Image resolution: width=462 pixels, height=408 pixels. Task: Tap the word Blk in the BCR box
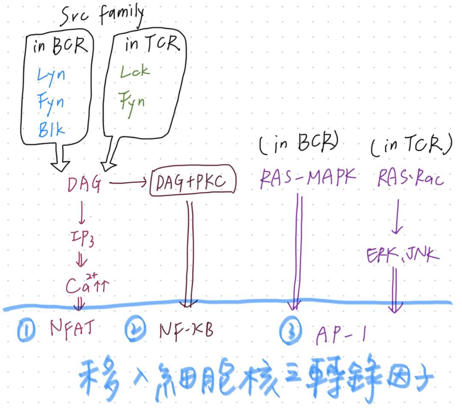tap(51, 129)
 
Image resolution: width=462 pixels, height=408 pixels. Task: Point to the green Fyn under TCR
tap(133, 101)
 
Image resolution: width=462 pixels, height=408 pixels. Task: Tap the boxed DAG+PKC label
tap(193, 184)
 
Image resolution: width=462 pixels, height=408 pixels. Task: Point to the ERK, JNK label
tap(403, 255)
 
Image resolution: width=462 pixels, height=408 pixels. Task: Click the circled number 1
tap(27, 331)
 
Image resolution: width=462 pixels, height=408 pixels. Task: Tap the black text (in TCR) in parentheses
tap(411, 146)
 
